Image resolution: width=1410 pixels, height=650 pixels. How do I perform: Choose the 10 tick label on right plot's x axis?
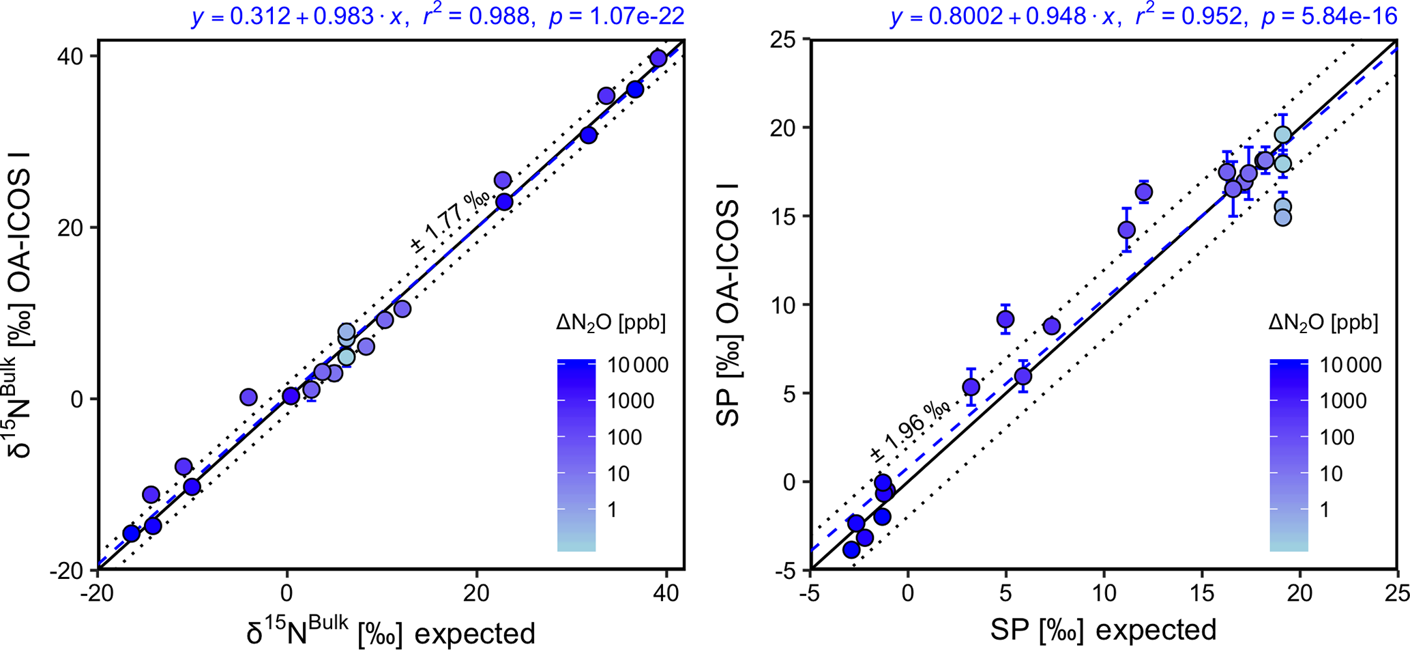[1103, 591]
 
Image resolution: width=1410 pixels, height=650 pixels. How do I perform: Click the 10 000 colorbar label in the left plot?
[636, 365]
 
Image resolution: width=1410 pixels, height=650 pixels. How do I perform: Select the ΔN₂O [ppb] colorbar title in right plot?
[1323, 323]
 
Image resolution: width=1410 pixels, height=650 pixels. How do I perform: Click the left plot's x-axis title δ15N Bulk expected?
[390, 632]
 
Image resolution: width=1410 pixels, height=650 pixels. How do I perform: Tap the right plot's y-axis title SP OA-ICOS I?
[729, 305]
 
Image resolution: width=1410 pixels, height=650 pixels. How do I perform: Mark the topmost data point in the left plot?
[658, 59]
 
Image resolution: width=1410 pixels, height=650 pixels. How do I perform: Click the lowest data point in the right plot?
[851, 550]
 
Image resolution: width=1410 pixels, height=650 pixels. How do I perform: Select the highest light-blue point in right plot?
[1282, 135]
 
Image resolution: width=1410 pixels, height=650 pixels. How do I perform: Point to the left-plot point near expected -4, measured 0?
[248, 397]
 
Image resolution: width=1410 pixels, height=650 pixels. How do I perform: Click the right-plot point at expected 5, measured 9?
[1005, 319]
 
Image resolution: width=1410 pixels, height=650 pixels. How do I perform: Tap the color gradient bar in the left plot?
[576, 455]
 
